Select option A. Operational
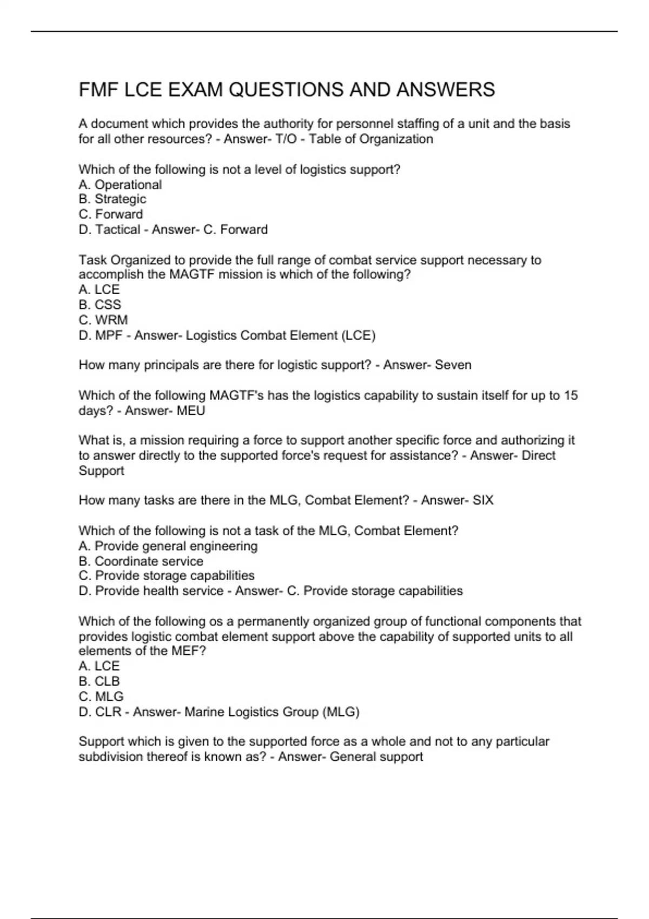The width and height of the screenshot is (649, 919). coord(120,185)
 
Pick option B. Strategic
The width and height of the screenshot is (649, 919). coord(112,199)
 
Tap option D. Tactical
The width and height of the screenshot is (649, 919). coord(109,230)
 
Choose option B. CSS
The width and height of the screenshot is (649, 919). coord(100,305)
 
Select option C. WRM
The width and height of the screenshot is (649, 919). coord(103,320)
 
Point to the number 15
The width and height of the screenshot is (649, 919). coord(571,396)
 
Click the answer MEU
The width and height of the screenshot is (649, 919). coord(191,411)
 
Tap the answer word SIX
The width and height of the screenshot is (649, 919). coord(483,501)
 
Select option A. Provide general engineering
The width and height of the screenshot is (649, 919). coord(168,546)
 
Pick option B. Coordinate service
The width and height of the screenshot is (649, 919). coord(141,561)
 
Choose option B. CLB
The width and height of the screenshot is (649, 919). coord(100,682)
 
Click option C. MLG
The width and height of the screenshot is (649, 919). coord(101,697)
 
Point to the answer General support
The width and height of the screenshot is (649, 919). coord(376,757)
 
